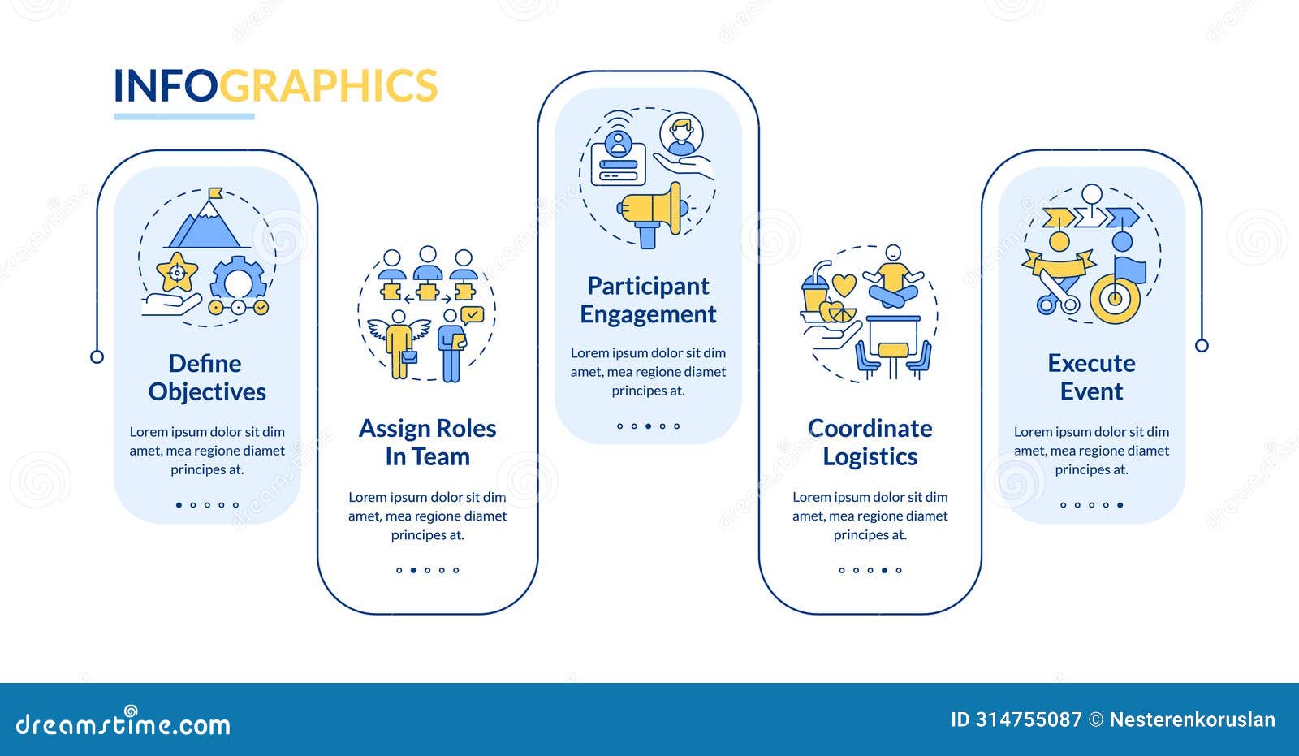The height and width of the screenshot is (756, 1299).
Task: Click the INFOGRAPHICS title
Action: pyautogui.click(x=275, y=86)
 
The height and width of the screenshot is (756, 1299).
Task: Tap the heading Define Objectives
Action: pyautogui.click(x=207, y=378)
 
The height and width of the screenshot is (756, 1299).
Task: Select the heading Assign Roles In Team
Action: pyautogui.click(x=427, y=443)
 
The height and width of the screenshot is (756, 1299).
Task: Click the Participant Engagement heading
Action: pyautogui.click(x=648, y=300)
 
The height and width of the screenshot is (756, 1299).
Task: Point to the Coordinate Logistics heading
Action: pyautogui.click(x=870, y=443)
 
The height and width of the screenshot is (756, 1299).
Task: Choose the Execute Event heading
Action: pyautogui.click(x=1091, y=378)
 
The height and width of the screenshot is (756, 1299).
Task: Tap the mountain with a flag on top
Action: pyautogui.click(x=207, y=222)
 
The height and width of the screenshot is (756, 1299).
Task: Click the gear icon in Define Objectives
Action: pyautogui.click(x=239, y=281)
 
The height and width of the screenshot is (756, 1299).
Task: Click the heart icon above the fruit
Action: pyautogui.click(x=844, y=285)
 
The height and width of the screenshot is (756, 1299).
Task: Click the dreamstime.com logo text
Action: pyautogui.click(x=123, y=724)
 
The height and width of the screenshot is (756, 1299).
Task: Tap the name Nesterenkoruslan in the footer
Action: pyautogui.click(x=1192, y=719)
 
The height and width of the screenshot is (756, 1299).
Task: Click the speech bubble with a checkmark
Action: pyautogui.click(x=472, y=313)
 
